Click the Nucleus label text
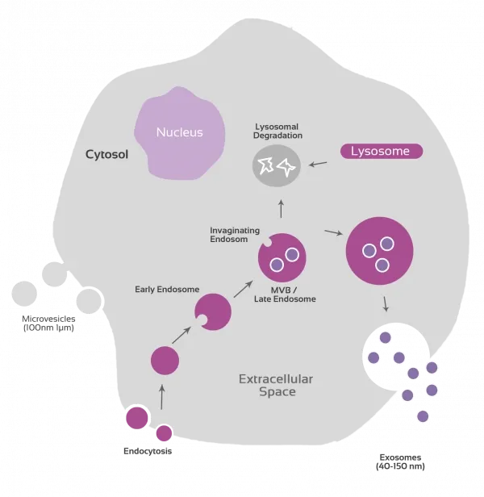coord(179,132)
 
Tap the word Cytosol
coord(108,154)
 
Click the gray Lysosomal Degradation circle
coord(276,166)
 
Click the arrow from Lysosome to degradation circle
coord(319,164)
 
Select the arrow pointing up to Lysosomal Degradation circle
coord(281,209)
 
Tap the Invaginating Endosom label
coord(234,234)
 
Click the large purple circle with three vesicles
coord(380,250)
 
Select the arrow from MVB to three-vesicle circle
coord(332,233)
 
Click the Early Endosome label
coord(167,289)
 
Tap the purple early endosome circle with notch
coord(214,311)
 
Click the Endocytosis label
coord(148,451)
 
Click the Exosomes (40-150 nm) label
coord(400,461)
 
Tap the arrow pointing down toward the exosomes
coord(386,303)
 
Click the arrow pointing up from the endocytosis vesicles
coord(162,396)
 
